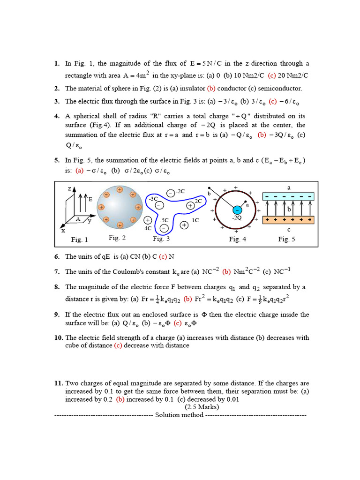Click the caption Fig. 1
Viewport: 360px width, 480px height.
(x=79, y=240)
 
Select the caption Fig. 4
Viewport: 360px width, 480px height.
(x=238, y=239)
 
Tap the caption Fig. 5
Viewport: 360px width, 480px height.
(x=286, y=239)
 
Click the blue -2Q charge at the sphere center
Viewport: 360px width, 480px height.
(x=237, y=209)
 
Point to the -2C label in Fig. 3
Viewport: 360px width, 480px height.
(x=180, y=191)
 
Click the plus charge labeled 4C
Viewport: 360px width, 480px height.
(x=148, y=220)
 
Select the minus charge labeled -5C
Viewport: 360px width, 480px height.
(x=164, y=228)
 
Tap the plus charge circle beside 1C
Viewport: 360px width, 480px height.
(x=184, y=225)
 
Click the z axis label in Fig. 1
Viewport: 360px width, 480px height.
(x=69, y=188)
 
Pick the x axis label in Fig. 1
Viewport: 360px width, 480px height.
(x=63, y=231)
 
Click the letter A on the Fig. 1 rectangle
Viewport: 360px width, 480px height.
(x=78, y=219)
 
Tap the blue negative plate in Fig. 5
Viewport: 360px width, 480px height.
(x=289, y=197)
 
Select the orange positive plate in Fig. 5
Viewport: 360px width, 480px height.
(x=289, y=219)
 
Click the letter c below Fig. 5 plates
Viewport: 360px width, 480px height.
(x=289, y=229)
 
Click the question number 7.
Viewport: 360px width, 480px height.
(x=57, y=271)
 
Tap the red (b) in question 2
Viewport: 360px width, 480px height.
(x=211, y=88)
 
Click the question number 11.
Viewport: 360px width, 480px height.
(x=58, y=383)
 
